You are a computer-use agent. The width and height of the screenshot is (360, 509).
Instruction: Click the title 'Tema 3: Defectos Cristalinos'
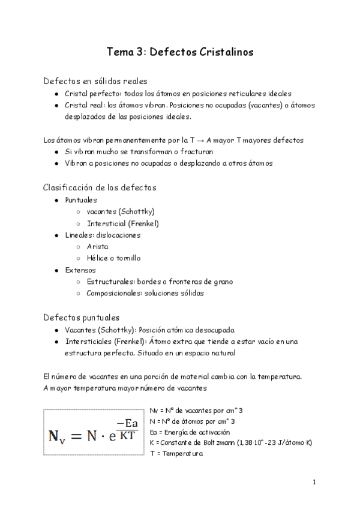(180, 52)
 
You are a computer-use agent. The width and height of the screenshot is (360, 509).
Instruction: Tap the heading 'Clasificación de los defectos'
(100, 187)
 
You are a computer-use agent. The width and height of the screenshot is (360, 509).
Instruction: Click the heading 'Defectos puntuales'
(82, 317)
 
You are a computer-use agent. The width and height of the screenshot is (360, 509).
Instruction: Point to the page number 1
(314, 482)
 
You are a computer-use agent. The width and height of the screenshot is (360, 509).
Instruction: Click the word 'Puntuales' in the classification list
(81, 200)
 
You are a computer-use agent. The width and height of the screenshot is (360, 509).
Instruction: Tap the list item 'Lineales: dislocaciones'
(103, 235)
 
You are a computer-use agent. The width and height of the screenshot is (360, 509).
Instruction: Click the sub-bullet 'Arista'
(97, 247)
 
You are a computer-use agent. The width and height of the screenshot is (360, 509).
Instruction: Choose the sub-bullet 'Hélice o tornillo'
(113, 258)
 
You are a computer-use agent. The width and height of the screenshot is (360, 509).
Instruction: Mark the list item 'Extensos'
(80, 270)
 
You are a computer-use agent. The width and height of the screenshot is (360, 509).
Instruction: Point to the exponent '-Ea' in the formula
(127, 423)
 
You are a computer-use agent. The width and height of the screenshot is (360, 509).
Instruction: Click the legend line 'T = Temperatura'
(176, 453)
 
